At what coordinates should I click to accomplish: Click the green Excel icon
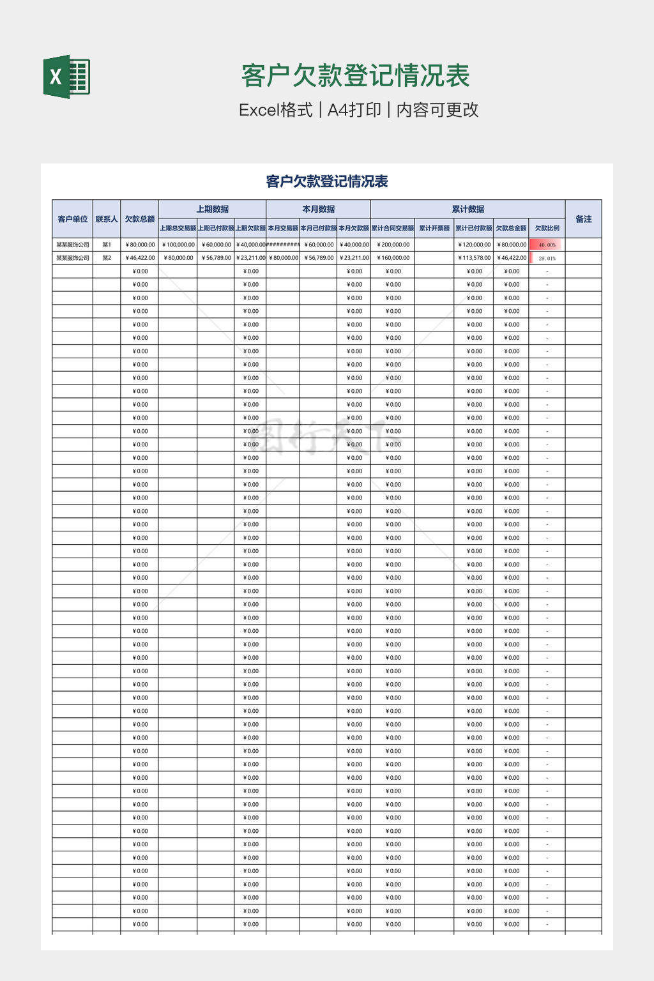point(66,77)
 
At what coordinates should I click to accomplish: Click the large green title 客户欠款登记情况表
point(355,76)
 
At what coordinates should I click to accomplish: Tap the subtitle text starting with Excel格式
point(358,110)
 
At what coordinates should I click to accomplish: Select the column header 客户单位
point(72,219)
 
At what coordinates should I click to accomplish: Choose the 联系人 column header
point(107,219)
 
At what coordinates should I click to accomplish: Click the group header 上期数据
point(212,209)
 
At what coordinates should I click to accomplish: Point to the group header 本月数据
point(318,209)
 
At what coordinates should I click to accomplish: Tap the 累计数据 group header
point(468,209)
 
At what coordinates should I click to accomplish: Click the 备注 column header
point(583,219)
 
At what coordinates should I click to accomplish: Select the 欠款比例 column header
point(547,228)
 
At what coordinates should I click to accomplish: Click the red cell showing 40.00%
point(547,245)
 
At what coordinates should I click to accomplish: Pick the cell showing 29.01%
point(547,258)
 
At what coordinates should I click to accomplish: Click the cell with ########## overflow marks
point(283,245)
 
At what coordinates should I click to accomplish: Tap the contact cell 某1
point(107,245)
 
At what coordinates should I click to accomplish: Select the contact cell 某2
point(107,258)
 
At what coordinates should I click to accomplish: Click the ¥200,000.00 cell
point(393,245)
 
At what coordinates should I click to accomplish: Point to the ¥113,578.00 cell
point(473,258)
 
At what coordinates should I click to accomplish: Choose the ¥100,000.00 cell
point(178,245)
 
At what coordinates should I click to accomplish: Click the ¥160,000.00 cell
point(393,258)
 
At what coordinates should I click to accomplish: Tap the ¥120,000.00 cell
point(473,245)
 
